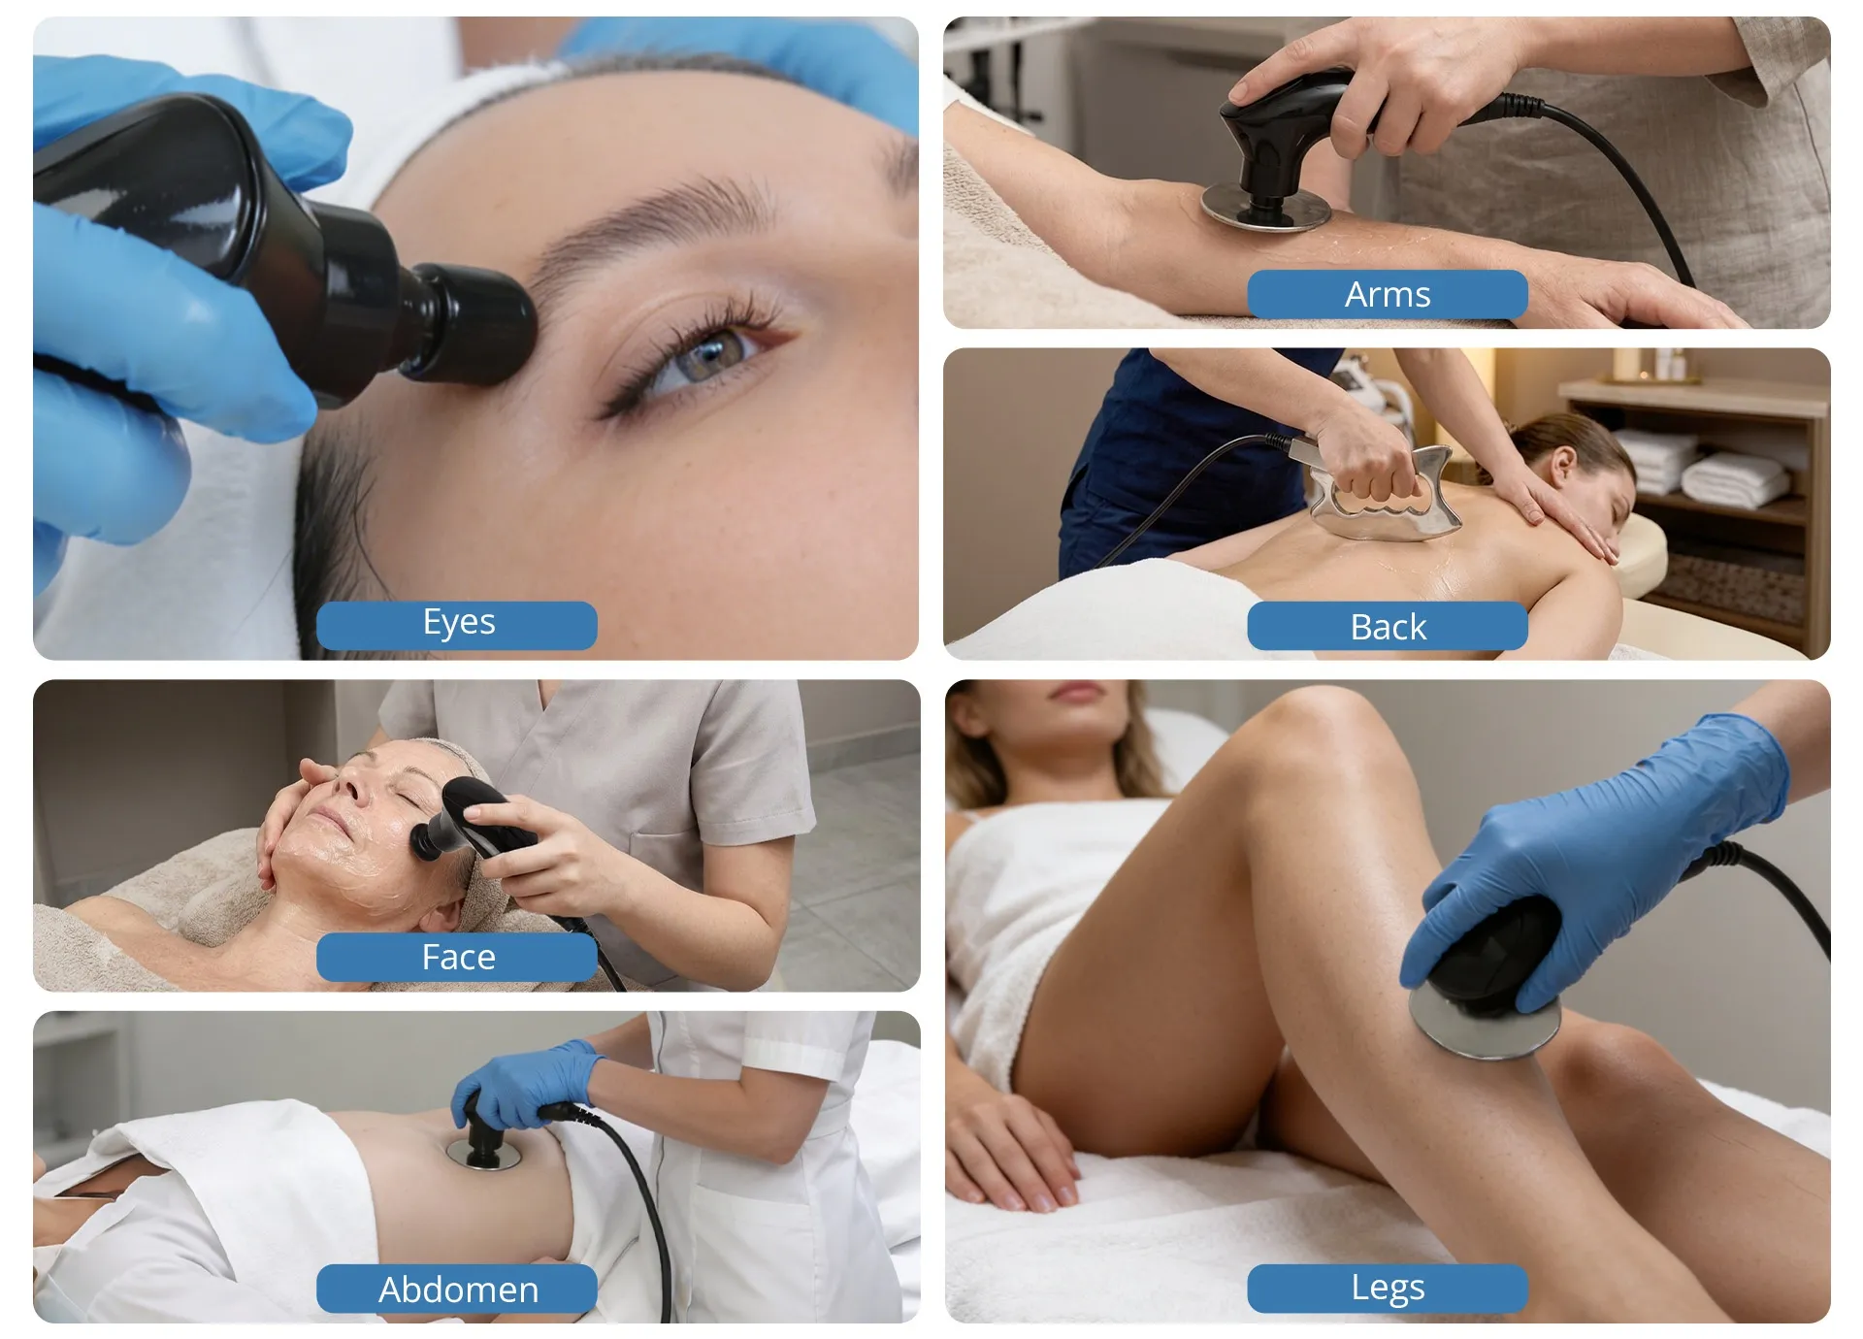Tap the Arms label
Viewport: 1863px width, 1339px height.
coord(1388,294)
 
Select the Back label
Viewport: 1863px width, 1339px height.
coord(1388,626)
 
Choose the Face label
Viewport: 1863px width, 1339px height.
coord(457,957)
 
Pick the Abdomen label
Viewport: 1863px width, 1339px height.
coord(457,1289)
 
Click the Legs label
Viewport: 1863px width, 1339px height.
coord(1388,1289)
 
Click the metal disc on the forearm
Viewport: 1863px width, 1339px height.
coord(1265,209)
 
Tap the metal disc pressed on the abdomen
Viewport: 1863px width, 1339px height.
coord(483,1155)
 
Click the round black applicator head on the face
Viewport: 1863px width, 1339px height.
coord(428,840)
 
